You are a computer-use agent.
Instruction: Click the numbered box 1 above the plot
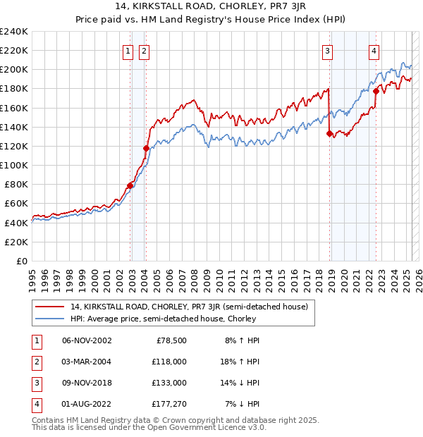128,50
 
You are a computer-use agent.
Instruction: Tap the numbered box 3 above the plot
328,50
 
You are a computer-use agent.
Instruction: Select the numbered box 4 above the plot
374,50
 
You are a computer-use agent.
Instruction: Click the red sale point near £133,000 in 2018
329,133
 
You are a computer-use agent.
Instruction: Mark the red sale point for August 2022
376,91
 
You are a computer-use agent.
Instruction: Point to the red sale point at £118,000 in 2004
146,148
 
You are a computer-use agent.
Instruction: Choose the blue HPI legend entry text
164,319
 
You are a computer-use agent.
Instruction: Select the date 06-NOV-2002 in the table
87,340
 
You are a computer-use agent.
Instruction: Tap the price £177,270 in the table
169,404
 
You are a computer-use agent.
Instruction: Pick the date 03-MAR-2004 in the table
87,362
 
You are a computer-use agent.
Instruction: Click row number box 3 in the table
36,383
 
